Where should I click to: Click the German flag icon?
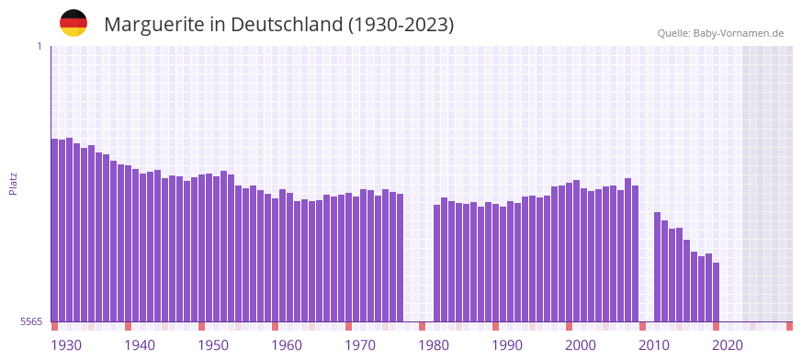coord(73,24)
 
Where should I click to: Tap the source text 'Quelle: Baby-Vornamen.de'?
coord(720,33)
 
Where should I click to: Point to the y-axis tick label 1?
coord(39,46)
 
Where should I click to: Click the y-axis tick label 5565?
coord(29,321)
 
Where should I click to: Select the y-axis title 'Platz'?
coord(13,184)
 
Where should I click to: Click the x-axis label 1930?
coord(66,345)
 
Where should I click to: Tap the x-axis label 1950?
coord(213,345)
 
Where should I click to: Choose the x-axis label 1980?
coord(434,345)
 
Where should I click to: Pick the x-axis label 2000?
coord(581,345)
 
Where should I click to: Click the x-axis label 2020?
coord(728,345)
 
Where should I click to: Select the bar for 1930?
coord(55,230)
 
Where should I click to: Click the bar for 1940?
coord(129,243)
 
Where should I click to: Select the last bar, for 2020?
coord(716,292)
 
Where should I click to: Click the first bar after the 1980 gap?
coord(437,263)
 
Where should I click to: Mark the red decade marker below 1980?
coord(422,326)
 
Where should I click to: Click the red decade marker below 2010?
coord(642,326)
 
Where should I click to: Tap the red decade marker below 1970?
coord(348,326)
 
